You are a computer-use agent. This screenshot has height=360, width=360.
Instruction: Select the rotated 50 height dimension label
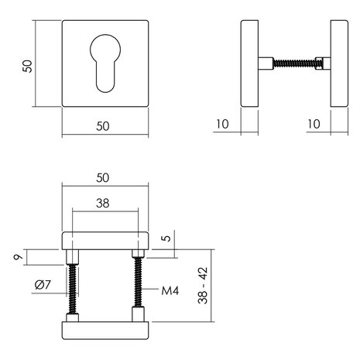(x=27, y=65)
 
